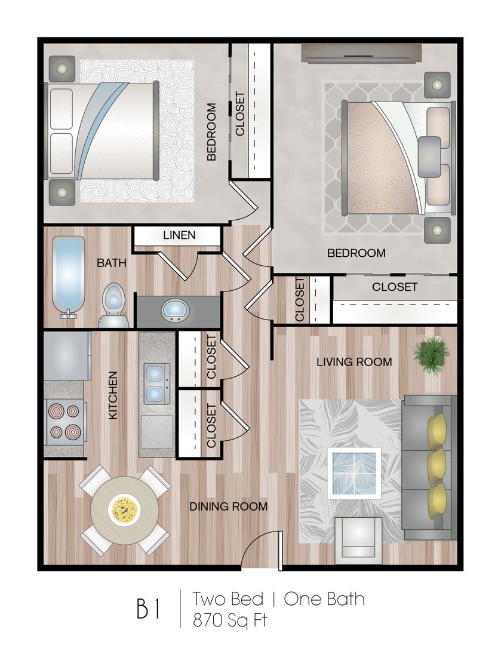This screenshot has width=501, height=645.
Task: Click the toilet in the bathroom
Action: pos(113,305)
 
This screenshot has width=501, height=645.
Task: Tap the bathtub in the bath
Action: pos(68,278)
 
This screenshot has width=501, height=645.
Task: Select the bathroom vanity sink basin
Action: pos(175,311)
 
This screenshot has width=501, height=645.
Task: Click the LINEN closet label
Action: pos(179,235)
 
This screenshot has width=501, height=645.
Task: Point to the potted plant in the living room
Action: pos(431,355)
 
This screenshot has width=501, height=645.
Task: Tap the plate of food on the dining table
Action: pos(124,511)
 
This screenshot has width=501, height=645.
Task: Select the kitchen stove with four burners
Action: pos(66,422)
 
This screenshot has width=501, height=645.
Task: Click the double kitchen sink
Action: pos(156,383)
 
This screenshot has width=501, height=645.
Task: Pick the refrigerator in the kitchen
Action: pos(67,356)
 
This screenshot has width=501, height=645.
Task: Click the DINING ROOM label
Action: pos(228,506)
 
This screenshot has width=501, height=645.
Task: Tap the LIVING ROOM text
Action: pos(354,362)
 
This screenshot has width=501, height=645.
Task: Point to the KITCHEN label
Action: pos(113,395)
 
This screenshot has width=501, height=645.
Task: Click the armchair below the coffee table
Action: pos(358,539)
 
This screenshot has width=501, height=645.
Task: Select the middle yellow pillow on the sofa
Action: pos(437,466)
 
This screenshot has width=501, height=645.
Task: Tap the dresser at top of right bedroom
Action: pos(361,54)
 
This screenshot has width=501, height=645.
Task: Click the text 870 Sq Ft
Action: pos(230,620)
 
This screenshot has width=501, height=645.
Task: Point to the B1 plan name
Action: pos(148,609)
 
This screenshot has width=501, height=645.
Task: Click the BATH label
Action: pos(112,263)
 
